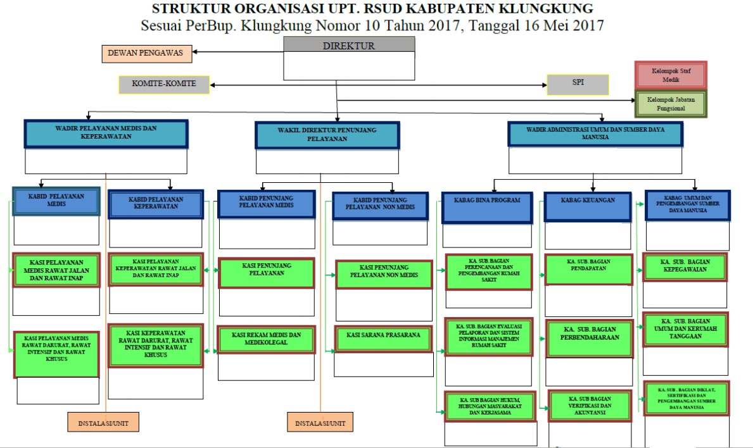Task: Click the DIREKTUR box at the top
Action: click(x=349, y=46)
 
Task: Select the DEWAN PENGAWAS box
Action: click(x=146, y=53)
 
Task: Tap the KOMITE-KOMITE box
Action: click(x=163, y=84)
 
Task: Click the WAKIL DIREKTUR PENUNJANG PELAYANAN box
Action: click(x=327, y=135)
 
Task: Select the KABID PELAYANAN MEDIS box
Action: click(x=56, y=201)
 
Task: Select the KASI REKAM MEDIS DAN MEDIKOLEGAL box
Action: click(x=266, y=339)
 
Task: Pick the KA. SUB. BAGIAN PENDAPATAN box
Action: click(x=588, y=270)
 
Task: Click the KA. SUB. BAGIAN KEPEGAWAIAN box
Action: click(x=685, y=266)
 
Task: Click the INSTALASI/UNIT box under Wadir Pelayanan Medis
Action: click(x=103, y=422)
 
